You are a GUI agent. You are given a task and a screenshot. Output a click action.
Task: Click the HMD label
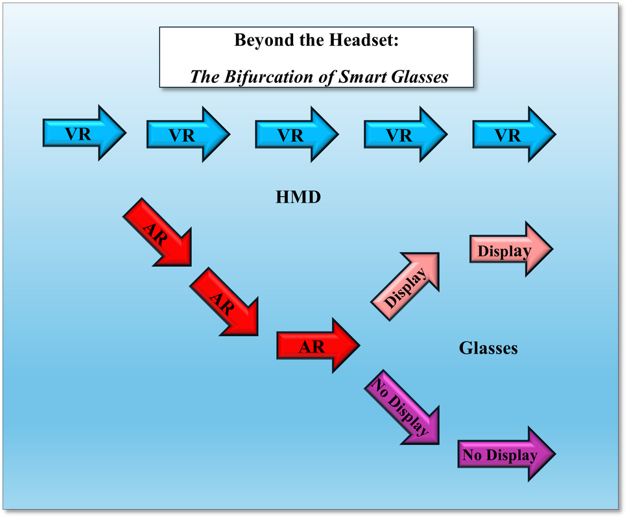298,197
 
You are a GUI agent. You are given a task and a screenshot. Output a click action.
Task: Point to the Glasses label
488,348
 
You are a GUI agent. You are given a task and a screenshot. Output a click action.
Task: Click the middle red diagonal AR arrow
224,302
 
